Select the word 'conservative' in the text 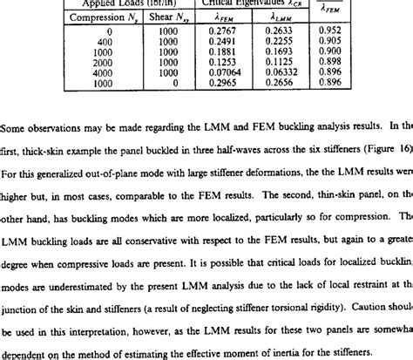point(167,234)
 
